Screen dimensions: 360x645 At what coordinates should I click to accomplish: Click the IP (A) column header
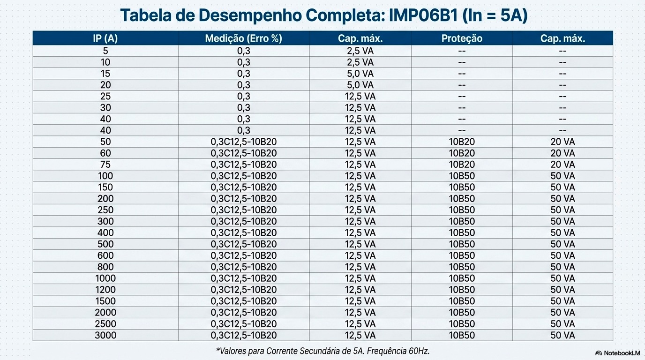(x=105, y=38)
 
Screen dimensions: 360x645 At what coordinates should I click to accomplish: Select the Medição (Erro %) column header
(x=243, y=38)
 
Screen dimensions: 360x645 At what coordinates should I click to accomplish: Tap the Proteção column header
(x=462, y=38)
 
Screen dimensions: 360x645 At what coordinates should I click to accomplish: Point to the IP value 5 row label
(x=105, y=51)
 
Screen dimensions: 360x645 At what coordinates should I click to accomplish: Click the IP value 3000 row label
(x=105, y=335)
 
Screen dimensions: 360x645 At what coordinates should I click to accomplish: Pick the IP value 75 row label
(x=105, y=165)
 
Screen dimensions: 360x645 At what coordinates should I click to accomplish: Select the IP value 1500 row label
(x=105, y=301)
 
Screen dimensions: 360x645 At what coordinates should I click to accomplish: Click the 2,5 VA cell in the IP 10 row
(x=360, y=62)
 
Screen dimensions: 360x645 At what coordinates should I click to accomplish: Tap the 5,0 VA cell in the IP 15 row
(x=360, y=74)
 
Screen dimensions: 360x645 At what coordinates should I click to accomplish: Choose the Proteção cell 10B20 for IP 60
(x=462, y=153)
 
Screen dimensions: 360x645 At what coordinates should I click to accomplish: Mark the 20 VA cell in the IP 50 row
(x=562, y=142)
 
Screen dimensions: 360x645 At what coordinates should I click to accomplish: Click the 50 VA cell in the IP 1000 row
(x=562, y=278)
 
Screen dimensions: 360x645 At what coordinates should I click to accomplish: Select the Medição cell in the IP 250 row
(x=243, y=210)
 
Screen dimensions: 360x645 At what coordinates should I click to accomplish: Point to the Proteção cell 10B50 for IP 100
(x=462, y=176)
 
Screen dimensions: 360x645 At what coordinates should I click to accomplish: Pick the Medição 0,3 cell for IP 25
(x=243, y=96)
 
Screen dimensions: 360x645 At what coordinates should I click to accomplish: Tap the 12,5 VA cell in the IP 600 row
(x=360, y=255)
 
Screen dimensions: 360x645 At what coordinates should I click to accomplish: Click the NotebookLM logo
(x=617, y=352)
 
